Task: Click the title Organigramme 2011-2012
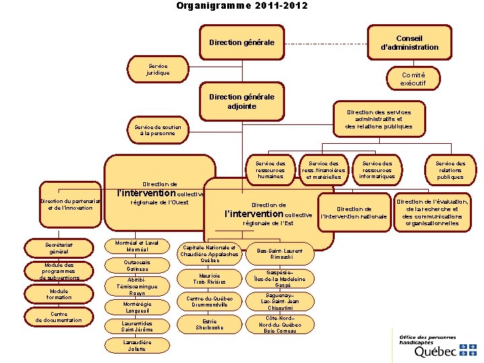241,6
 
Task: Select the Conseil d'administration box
409,43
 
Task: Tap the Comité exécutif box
413,79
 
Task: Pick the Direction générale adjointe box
242,102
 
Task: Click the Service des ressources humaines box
270,170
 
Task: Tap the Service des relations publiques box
450,170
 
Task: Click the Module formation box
58,294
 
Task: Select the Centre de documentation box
58,317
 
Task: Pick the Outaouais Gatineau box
137,266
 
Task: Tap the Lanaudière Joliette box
137,346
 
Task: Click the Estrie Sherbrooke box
209,325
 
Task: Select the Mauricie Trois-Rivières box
209,278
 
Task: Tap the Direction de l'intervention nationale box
354,213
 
